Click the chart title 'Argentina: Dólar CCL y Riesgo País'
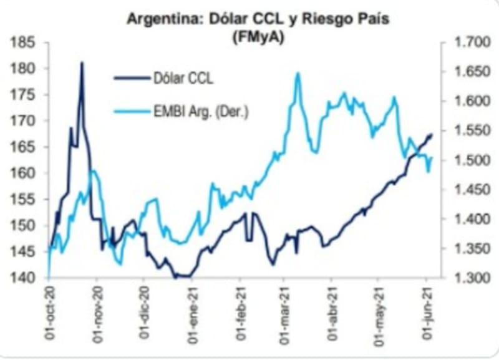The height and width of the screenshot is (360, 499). pos(258,19)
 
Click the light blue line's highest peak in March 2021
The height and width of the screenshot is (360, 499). pos(298,74)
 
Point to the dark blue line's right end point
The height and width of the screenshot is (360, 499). pos(432,135)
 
